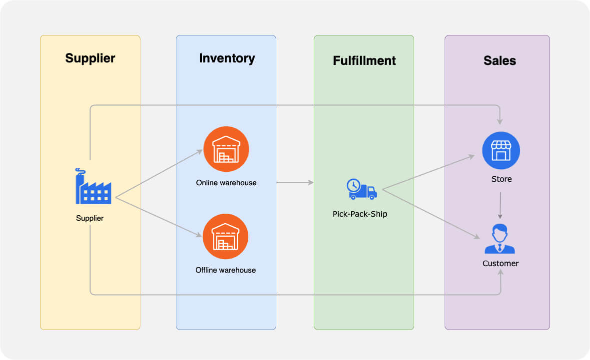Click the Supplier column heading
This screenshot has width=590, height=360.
90,58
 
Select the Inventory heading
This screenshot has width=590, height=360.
227,58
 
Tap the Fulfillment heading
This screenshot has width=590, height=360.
364,60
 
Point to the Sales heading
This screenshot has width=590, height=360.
500,60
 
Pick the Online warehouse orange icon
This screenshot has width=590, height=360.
226,149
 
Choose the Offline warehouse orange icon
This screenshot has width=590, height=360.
225,237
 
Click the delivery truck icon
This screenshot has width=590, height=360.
362,189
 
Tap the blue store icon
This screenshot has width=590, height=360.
501,151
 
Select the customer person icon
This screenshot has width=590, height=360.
500,239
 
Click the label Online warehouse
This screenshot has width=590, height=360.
226,183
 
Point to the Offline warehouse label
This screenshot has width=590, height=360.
225,270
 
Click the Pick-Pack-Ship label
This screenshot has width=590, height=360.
360,214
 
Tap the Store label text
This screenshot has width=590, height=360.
501,179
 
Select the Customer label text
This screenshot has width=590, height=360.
500,263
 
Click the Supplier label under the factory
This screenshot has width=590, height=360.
90,218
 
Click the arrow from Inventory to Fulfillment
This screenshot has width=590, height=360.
295,183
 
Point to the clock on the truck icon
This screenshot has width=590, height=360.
354,185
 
